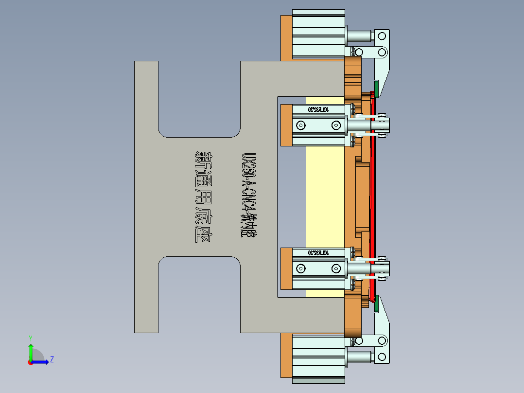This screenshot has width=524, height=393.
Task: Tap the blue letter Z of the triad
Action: coord(52,359)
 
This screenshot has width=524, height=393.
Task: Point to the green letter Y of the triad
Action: coord(30,338)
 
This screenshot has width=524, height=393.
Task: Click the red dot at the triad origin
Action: coord(30,362)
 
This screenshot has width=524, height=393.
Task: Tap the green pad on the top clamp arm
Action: coord(376,88)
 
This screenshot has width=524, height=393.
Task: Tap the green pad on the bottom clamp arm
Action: coord(376,305)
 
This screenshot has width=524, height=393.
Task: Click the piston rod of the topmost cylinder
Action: coord(359,36)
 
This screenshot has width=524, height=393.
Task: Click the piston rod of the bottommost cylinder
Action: coord(359,358)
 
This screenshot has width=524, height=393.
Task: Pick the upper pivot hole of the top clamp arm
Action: coord(382,36)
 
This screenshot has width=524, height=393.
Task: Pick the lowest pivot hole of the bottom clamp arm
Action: coord(382,358)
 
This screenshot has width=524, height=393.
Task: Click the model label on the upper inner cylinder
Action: coord(319,109)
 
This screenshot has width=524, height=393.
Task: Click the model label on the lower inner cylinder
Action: coord(319,253)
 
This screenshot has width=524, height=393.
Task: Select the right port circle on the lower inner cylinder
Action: coord(336,268)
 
